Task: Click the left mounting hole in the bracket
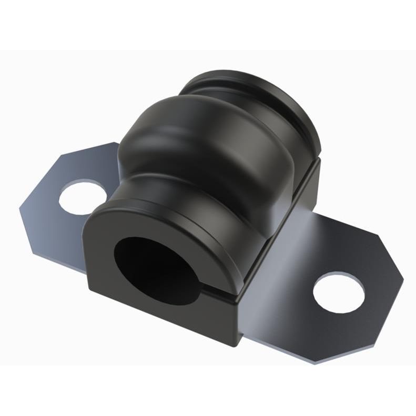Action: [80, 197]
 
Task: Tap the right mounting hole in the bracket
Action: [339, 292]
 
